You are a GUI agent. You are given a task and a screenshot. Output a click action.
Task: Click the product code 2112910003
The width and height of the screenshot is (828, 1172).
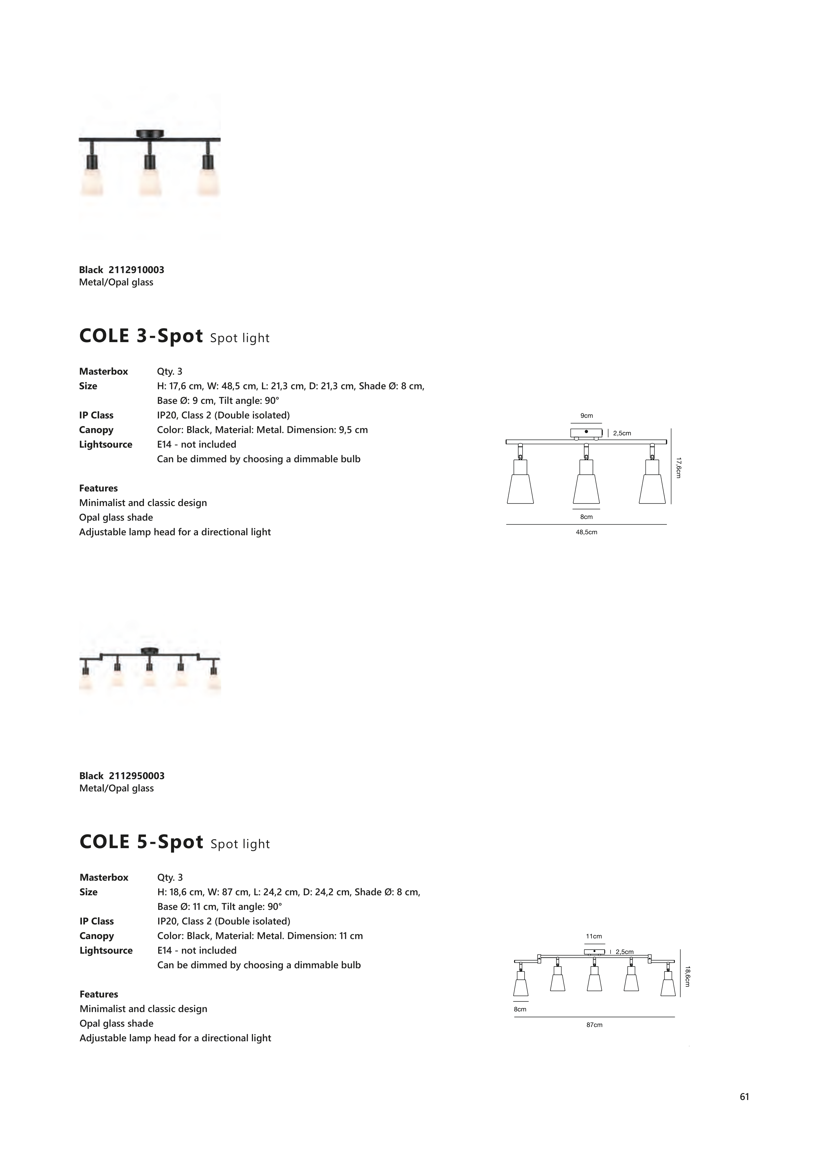click(136, 269)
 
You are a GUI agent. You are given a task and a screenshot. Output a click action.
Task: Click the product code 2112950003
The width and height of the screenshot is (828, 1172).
click(137, 776)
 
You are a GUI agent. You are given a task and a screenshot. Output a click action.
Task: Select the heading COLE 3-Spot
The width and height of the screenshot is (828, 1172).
click(141, 336)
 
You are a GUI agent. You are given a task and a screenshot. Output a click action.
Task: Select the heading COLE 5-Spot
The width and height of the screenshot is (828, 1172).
click(141, 842)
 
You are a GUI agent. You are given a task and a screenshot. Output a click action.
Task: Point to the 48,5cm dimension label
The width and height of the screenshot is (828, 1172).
click(586, 532)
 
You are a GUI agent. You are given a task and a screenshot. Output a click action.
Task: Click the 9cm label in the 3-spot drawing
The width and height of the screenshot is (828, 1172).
click(586, 416)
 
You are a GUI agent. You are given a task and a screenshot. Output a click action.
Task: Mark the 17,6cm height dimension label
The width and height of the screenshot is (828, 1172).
click(678, 467)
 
